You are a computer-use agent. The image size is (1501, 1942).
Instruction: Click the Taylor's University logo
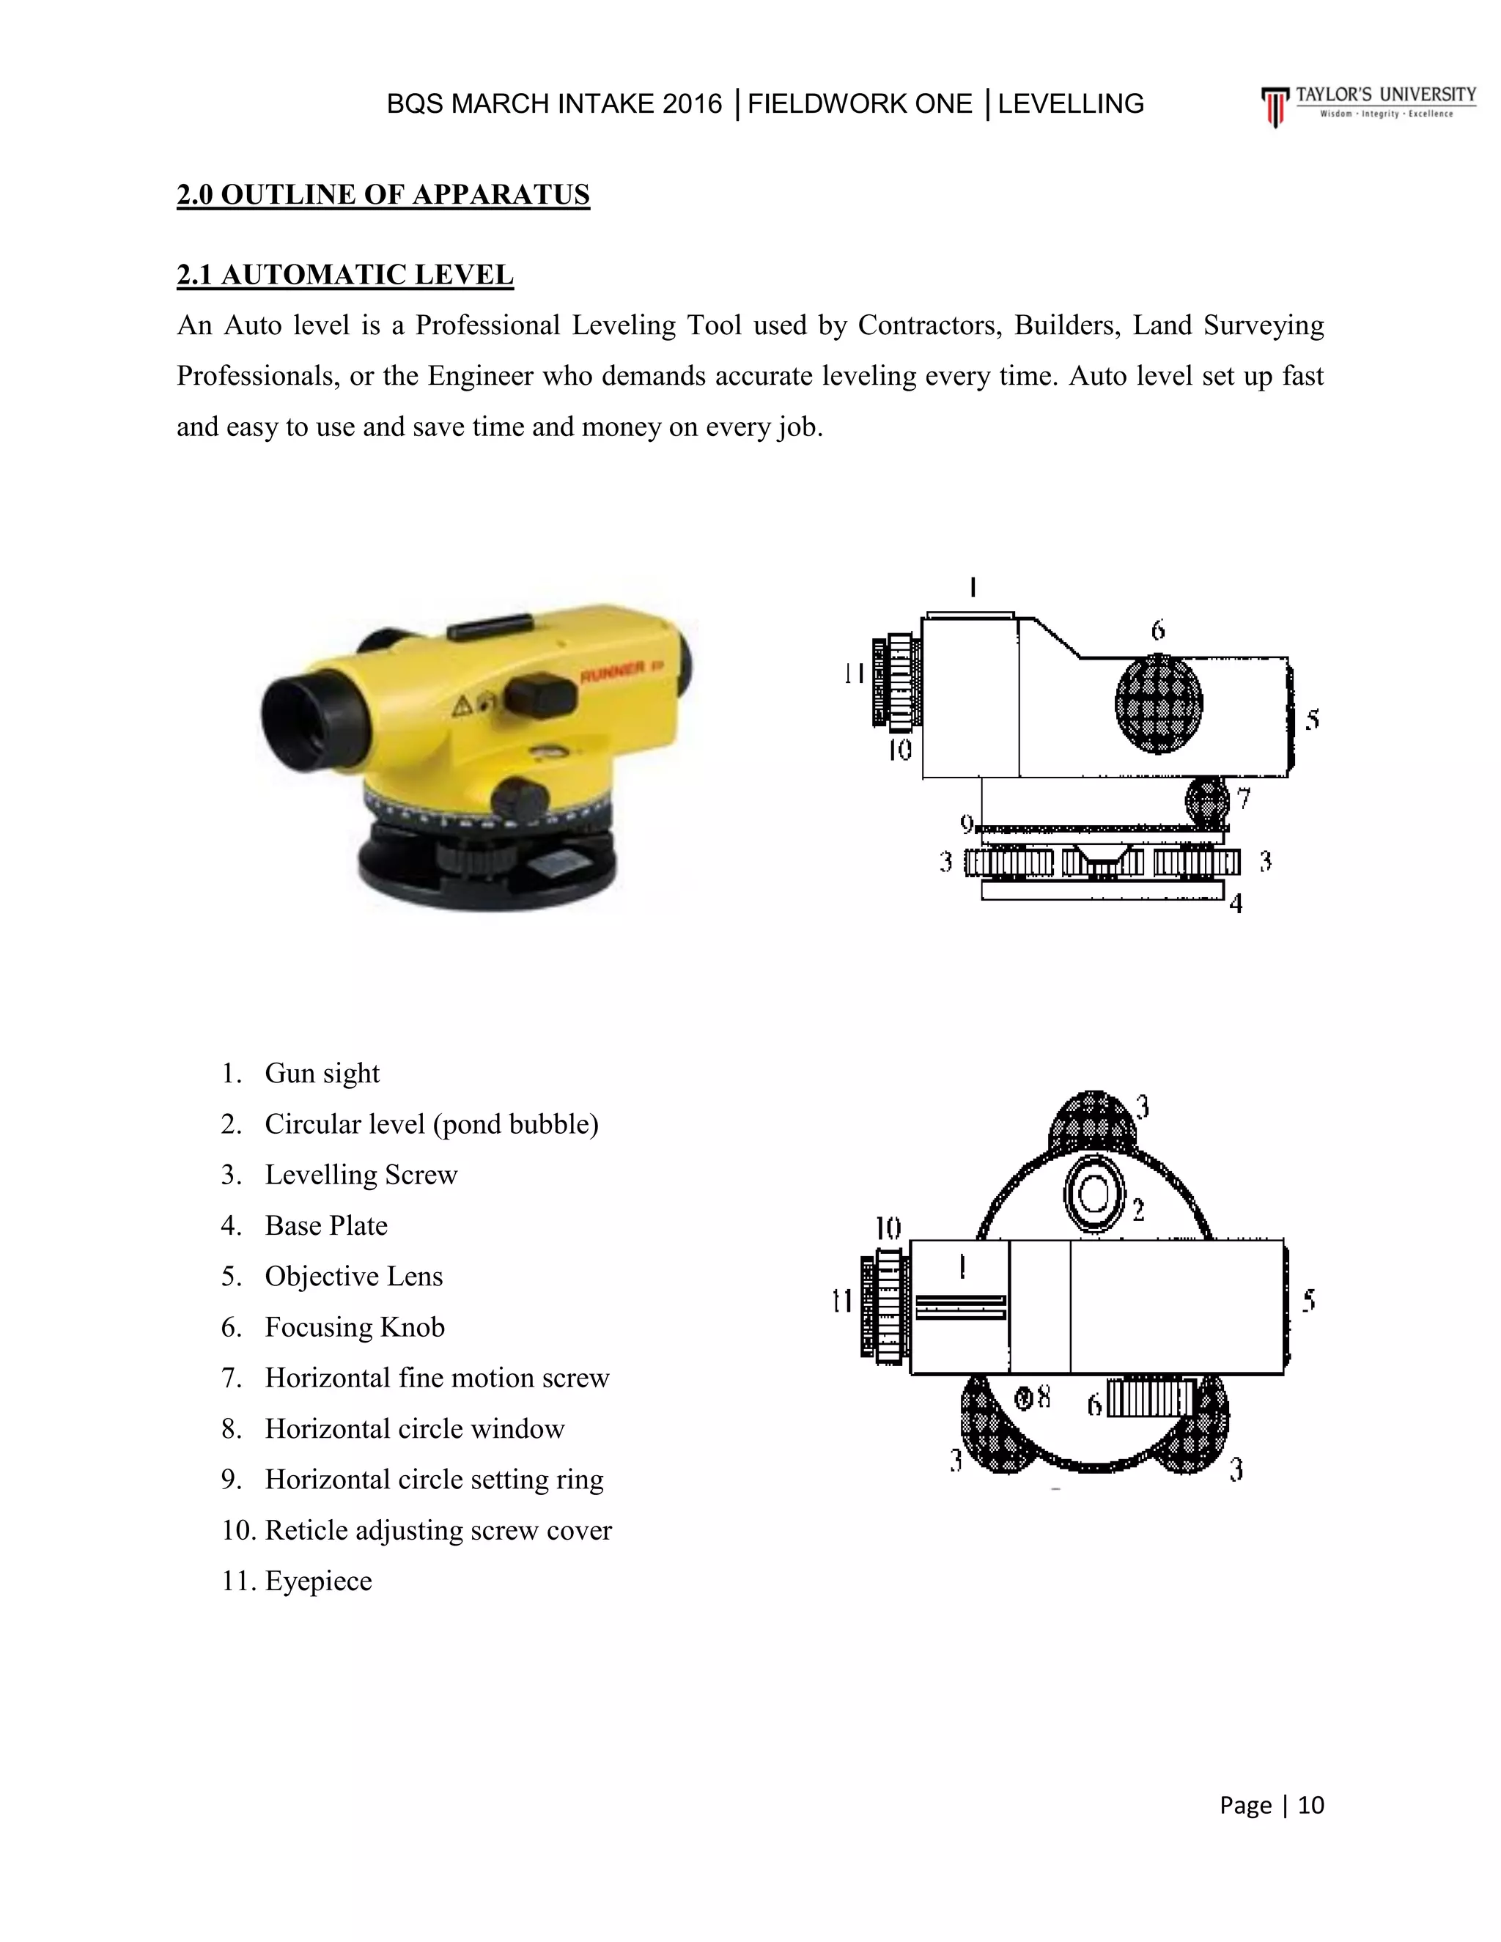pos(1368,104)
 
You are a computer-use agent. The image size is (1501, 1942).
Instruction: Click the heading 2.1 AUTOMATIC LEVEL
pos(345,275)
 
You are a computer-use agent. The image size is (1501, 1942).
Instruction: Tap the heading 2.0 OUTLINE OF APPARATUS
pos(383,194)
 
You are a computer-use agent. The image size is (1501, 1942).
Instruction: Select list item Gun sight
pos(322,1074)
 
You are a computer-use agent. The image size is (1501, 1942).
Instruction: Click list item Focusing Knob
pos(354,1326)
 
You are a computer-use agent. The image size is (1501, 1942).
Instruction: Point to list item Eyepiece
pos(318,1580)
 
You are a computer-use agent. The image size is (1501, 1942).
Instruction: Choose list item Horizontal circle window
pos(414,1428)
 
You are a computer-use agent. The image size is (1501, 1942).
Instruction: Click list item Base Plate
pos(325,1225)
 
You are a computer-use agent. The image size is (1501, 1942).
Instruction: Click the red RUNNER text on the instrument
pos(613,675)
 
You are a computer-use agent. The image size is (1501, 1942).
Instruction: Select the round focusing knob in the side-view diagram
pos(1158,704)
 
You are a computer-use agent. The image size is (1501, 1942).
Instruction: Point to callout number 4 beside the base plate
pos(1235,904)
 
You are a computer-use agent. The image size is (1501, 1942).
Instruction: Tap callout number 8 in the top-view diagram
pos(1043,1398)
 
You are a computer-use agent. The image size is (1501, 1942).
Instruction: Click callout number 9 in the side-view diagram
pos(967,822)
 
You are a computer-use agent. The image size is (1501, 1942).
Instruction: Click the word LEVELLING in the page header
pos(1071,104)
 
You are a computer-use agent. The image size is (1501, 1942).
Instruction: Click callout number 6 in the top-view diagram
pos(1096,1405)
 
